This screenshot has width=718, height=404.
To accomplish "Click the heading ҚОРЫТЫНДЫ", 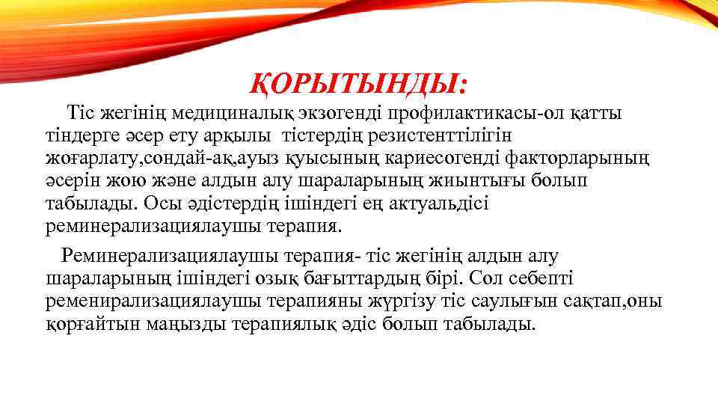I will click(x=358, y=83).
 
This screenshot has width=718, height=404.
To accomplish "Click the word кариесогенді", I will click(x=438, y=159).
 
